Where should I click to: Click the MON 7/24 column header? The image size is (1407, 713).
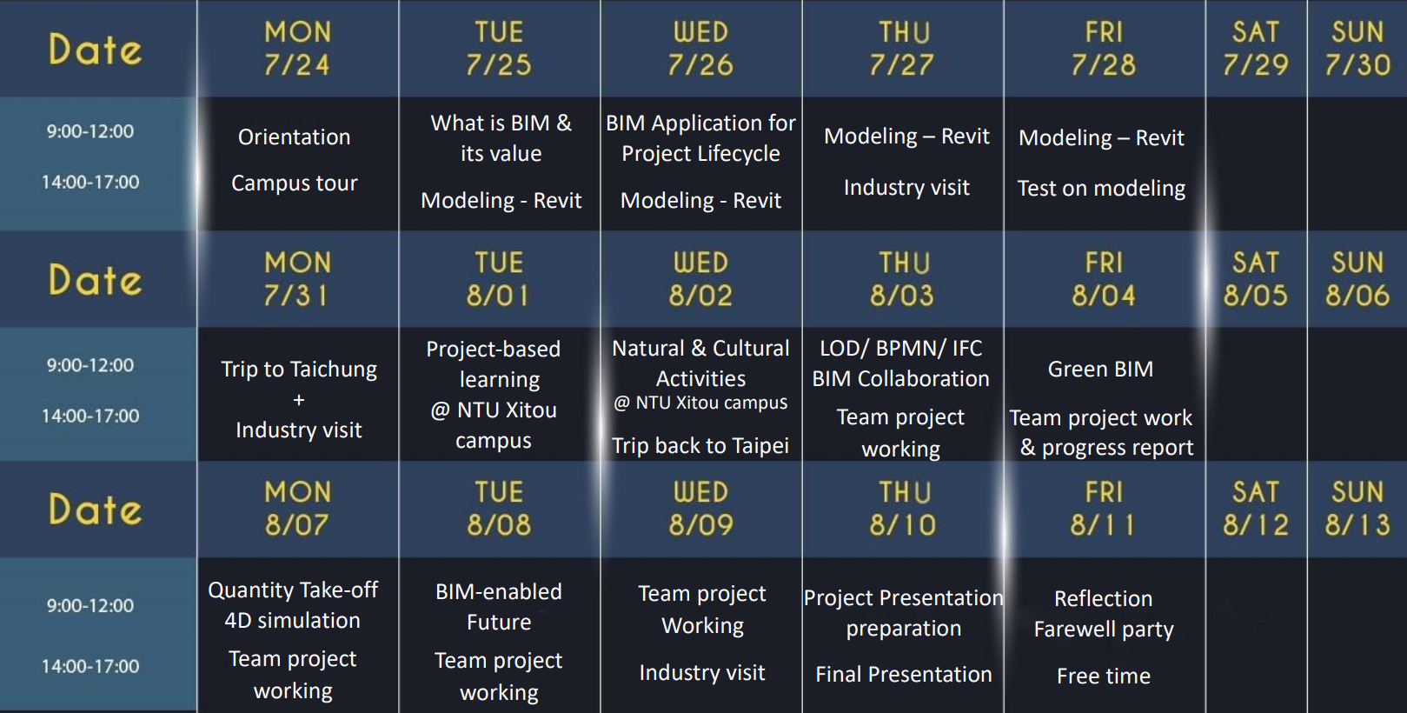click(297, 49)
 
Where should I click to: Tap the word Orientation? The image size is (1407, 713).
click(294, 137)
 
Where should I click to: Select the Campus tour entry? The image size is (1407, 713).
click(294, 183)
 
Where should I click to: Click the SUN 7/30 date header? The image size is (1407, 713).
click(1357, 49)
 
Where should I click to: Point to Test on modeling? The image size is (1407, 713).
click(1101, 188)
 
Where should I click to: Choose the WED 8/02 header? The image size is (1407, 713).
click(701, 279)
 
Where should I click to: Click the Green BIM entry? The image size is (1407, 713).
click(1100, 369)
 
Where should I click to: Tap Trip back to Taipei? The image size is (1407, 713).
click(700, 445)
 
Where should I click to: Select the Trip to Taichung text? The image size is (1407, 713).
click(298, 370)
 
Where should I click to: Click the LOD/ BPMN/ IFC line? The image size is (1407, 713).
click(900, 348)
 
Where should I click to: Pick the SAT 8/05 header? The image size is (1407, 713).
click(1255, 279)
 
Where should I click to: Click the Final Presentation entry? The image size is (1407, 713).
click(903, 674)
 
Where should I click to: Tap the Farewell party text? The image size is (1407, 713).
click(1104, 630)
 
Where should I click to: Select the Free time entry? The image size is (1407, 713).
click(1104, 676)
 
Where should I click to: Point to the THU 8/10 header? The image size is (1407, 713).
click(903, 508)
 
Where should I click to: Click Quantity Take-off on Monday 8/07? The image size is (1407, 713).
click(293, 590)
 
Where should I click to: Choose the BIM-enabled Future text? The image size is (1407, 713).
click(499, 607)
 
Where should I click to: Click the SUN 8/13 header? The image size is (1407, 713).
click(1357, 508)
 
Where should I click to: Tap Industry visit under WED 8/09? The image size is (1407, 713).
click(702, 673)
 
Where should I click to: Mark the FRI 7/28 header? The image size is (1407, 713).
click(1104, 49)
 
